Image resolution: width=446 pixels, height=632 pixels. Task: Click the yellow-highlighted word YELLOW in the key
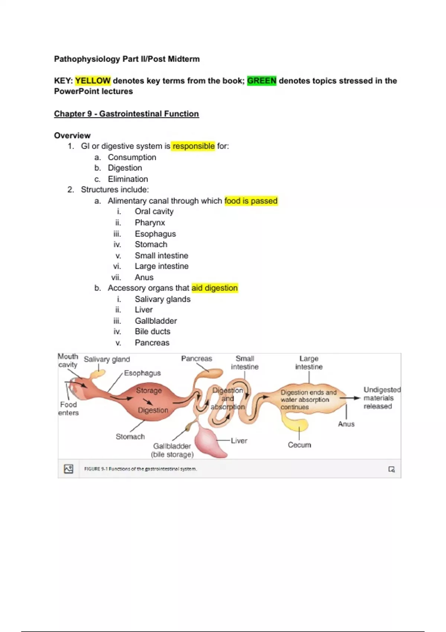coord(93,81)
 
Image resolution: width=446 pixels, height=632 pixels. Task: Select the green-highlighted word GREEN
coord(262,81)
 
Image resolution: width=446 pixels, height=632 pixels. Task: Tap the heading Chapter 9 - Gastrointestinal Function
coord(126,114)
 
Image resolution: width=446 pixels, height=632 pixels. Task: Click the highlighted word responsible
coord(194,146)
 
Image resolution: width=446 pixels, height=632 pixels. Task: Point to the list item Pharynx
coord(150,223)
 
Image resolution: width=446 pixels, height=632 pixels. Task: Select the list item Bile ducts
coord(152,332)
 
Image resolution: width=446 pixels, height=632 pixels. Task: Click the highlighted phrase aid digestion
coord(214,288)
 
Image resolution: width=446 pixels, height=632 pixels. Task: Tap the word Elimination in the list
coord(128,179)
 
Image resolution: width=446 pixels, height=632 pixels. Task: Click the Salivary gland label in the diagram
coord(107,359)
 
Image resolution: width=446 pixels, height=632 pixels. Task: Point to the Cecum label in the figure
coord(299,445)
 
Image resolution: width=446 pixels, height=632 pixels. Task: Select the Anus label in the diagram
coord(346,424)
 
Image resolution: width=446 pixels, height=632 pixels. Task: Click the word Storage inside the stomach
coord(149,391)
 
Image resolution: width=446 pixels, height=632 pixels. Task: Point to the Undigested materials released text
coord(381,398)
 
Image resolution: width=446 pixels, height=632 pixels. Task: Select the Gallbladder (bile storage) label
coord(172,450)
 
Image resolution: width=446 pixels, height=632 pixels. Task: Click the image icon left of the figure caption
coord(69,469)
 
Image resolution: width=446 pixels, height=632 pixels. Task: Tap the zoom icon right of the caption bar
coord(391,469)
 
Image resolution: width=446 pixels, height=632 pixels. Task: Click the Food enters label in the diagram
coord(68,409)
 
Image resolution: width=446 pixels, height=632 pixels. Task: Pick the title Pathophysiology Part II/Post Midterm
coord(127,59)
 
